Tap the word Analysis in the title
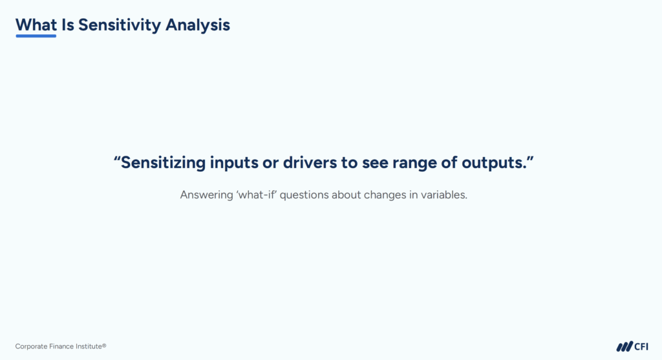tap(198, 25)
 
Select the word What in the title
tap(36, 25)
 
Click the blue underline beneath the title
tap(36, 36)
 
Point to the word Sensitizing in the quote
tap(163, 163)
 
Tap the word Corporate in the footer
tap(30, 346)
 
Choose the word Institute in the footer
tap(89, 346)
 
